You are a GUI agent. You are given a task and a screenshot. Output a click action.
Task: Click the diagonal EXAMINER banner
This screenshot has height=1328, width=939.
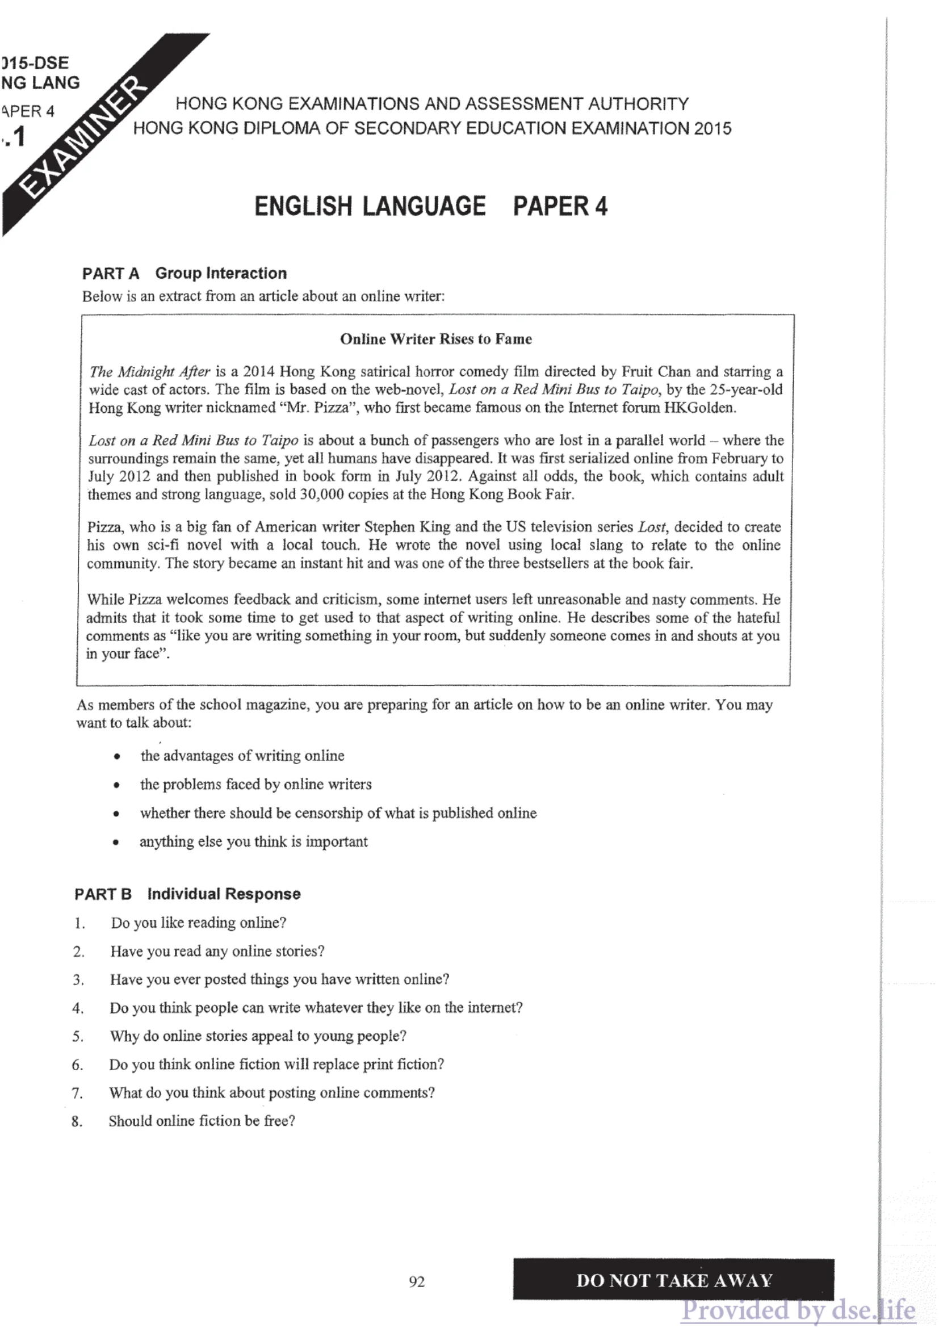point(87,139)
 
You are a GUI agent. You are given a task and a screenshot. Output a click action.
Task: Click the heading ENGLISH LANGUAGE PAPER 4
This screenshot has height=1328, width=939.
point(431,207)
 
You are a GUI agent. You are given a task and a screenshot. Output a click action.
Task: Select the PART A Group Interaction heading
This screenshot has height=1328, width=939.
point(184,273)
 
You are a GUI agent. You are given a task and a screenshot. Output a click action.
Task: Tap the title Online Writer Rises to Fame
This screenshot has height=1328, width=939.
point(435,339)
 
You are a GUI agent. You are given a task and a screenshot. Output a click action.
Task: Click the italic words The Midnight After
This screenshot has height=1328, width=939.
point(149,371)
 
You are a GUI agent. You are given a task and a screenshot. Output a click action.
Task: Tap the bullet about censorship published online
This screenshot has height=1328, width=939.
point(338,813)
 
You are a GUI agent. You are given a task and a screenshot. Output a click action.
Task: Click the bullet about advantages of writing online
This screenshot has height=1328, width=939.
point(242,756)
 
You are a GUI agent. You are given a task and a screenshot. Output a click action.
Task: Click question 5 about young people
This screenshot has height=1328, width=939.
point(258,1036)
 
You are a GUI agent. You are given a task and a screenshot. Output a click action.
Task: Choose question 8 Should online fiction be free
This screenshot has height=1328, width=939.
point(202,1121)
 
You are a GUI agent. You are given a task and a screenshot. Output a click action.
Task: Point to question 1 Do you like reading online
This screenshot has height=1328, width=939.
point(198,923)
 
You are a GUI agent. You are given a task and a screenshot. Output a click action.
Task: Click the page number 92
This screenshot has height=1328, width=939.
point(416,1282)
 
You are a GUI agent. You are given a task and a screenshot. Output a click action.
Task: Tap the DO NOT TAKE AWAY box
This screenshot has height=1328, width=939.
point(673,1280)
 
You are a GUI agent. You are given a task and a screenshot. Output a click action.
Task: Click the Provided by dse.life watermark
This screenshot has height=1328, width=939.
point(798,1310)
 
